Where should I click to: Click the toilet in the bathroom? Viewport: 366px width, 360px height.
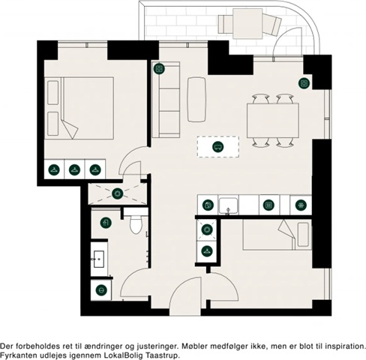tap(136, 224)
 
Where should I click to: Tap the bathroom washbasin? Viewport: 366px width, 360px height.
tap(99, 259)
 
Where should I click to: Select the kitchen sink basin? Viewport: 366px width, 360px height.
tap(228, 205)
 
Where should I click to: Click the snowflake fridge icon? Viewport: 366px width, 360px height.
tap(301, 205)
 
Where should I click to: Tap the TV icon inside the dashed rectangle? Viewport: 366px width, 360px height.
tap(217, 147)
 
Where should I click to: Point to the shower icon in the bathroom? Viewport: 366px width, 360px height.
tap(106, 223)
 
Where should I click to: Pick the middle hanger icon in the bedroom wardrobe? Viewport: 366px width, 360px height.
tap(74, 169)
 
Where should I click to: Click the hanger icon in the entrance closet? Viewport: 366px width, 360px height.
tap(207, 250)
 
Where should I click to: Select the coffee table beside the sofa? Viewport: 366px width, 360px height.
tap(196, 100)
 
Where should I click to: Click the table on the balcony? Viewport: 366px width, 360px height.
tap(247, 23)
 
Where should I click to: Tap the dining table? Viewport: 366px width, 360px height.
tap(273, 121)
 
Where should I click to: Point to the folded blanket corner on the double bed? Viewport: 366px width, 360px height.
tap(70, 129)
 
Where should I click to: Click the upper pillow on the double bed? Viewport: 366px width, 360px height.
tap(53, 92)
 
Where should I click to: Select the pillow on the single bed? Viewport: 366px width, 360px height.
tap(303, 235)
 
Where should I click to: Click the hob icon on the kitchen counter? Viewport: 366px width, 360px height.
tap(268, 205)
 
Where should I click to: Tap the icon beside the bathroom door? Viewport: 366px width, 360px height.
tap(101, 290)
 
